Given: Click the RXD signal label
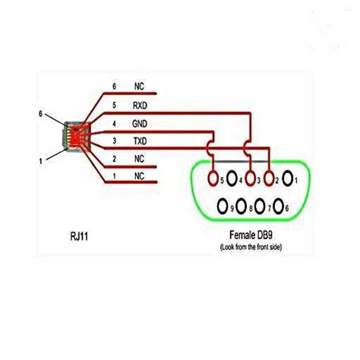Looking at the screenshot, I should pyautogui.click(x=141, y=106).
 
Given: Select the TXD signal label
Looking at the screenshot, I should pyautogui.click(x=141, y=141).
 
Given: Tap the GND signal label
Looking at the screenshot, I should pyautogui.click(x=141, y=123).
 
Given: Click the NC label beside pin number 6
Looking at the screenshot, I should pyautogui.click(x=139, y=88).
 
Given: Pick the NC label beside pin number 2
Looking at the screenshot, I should pyautogui.click(x=139, y=158).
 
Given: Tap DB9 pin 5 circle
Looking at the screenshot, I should pyautogui.click(x=214, y=180).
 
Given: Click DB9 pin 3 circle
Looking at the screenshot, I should pyautogui.click(x=248, y=180).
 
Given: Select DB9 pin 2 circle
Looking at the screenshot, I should pyautogui.click(x=268, y=180).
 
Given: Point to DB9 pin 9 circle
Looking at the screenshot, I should pyautogui.click(x=223, y=206).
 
